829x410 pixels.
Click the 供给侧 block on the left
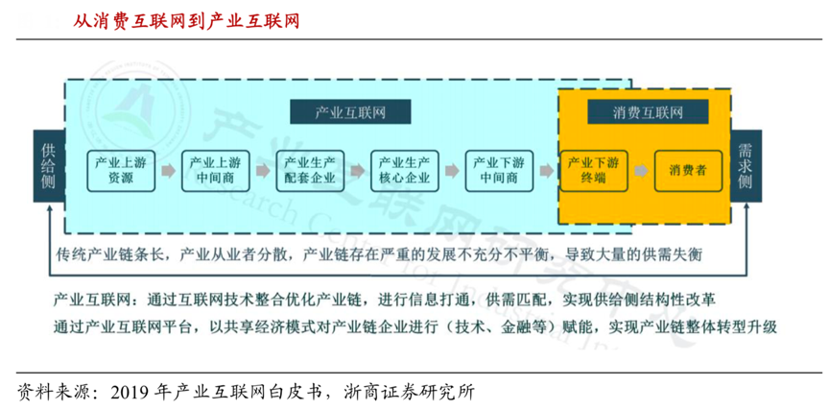tap(48, 169)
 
